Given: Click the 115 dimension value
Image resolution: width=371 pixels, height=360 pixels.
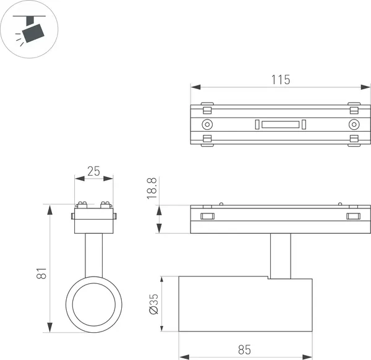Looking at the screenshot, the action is tap(280, 80).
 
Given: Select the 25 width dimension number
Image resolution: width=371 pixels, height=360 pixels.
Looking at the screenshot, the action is tap(94, 171).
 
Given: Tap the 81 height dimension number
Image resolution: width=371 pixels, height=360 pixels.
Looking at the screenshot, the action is tap(41, 273).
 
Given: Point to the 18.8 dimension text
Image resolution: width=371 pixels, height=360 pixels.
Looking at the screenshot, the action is tap(151, 189).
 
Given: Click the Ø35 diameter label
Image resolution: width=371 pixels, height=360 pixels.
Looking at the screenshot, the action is tap(154, 304).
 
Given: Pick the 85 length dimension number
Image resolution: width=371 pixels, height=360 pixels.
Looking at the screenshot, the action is tap(244, 349).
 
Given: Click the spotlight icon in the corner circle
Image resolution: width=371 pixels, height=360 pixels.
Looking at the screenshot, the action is tap(29, 29).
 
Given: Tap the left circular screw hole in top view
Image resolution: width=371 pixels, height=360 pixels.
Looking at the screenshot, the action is tap(207, 124).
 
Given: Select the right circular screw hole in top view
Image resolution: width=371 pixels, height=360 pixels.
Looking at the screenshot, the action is tap(354, 124).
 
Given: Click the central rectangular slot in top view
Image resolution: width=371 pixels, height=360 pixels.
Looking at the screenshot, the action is tap(280, 125).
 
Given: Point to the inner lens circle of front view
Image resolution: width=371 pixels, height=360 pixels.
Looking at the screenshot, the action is tap(94, 304).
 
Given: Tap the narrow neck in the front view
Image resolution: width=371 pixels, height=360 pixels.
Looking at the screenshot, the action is tap(94, 255).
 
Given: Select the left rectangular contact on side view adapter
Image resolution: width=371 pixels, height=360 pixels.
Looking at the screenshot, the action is tap(208, 216).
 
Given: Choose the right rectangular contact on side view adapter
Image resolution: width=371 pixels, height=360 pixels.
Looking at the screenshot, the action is tap(354, 216).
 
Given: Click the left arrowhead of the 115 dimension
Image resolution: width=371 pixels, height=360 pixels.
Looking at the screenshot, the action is tap(196, 87).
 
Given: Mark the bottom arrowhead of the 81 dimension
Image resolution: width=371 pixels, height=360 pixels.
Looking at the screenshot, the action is tap(49, 327).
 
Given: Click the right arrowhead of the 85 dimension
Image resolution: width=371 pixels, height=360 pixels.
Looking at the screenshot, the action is tap(307, 357).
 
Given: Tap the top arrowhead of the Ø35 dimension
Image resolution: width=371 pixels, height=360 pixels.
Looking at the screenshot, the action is tap(161, 281).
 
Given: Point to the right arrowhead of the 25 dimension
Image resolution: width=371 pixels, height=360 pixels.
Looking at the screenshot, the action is tap(108, 179).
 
